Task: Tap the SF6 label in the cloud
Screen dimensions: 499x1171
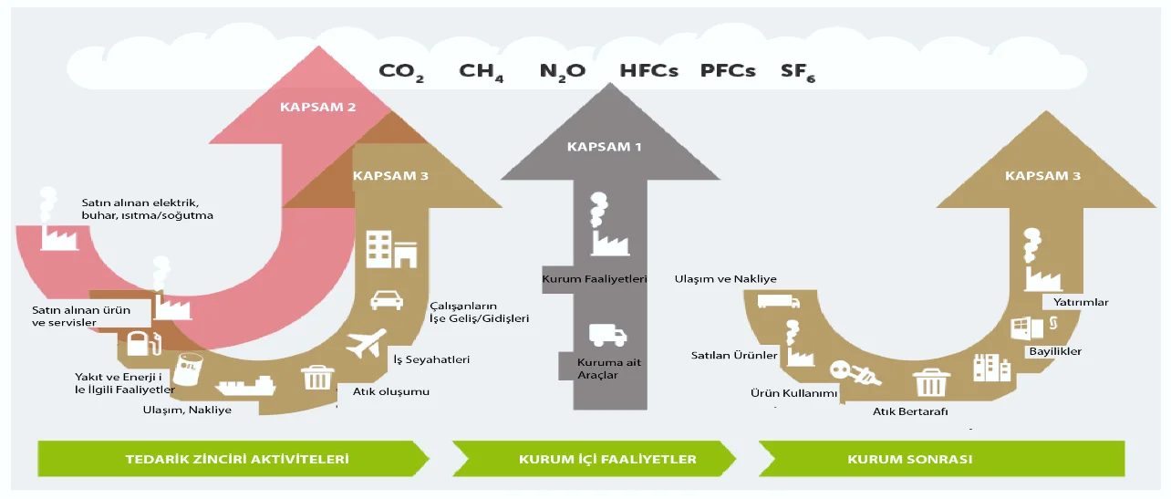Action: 797,71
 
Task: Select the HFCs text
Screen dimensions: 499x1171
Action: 648,70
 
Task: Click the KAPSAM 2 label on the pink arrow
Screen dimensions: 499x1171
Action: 317,107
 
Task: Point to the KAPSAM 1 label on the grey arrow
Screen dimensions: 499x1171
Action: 606,146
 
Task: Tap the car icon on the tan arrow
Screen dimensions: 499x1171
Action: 387,300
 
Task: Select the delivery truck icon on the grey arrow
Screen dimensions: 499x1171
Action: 607,336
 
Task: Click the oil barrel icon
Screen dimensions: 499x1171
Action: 189,369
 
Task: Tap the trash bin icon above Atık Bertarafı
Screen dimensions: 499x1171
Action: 931,381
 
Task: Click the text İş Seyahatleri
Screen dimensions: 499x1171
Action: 431,359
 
